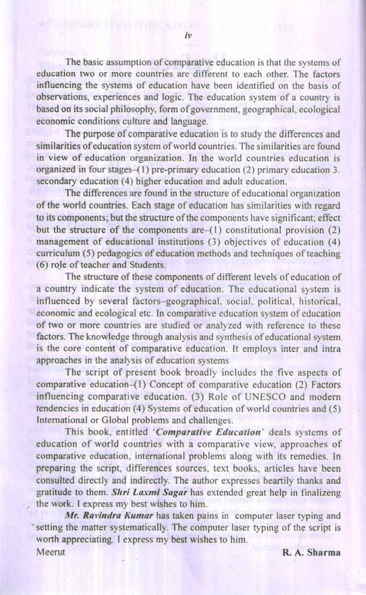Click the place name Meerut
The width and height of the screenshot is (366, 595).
[x=51, y=552]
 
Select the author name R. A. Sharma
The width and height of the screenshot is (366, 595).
[x=311, y=552]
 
